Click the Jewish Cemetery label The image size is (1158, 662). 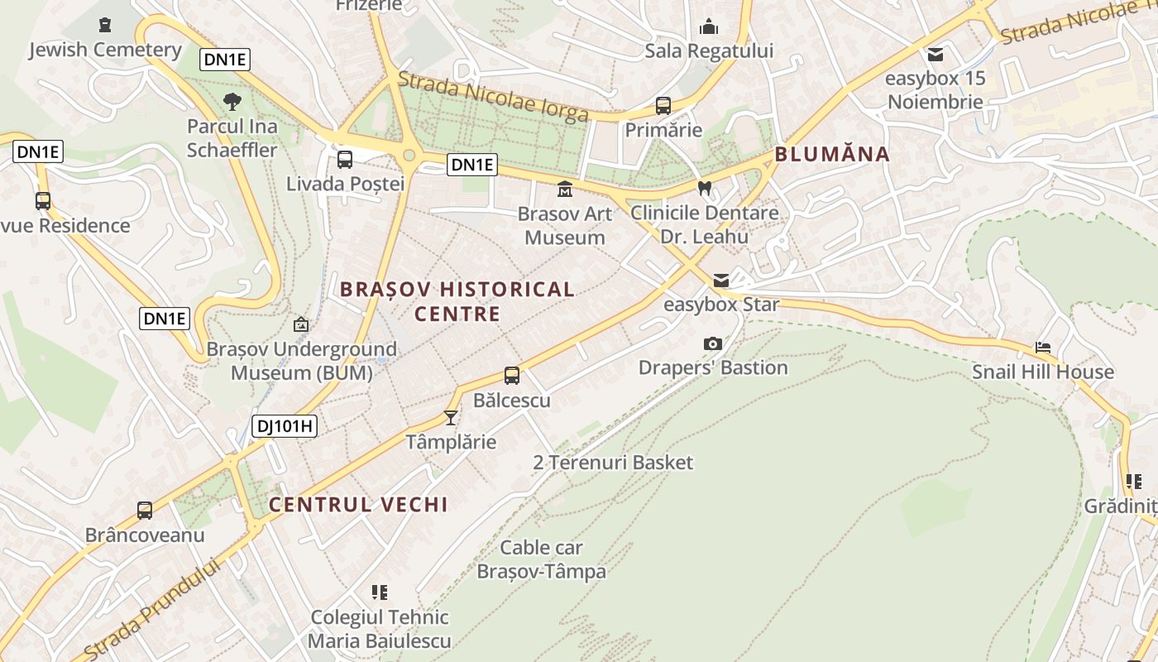point(105,50)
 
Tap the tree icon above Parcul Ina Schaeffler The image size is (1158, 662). point(232,102)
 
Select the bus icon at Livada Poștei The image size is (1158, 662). point(345,160)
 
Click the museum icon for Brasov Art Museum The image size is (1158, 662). point(565,189)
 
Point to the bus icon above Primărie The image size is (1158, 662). point(663,106)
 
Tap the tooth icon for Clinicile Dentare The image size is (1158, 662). point(705,189)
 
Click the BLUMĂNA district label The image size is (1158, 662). point(832,154)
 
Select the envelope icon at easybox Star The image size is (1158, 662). point(721,281)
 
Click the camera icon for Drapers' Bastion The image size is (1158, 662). point(712,343)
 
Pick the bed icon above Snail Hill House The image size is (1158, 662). point(1043,348)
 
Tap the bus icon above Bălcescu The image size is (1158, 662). point(512,376)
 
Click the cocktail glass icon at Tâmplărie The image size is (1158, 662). point(451,417)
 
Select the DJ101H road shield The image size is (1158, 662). point(285,427)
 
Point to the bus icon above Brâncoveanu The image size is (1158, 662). point(145,511)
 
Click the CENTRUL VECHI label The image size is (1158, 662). point(358,505)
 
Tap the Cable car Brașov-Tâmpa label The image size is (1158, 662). point(542,559)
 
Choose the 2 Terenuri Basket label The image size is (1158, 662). point(613,463)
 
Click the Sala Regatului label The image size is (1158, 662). point(709,51)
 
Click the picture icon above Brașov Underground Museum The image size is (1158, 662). point(301,324)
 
